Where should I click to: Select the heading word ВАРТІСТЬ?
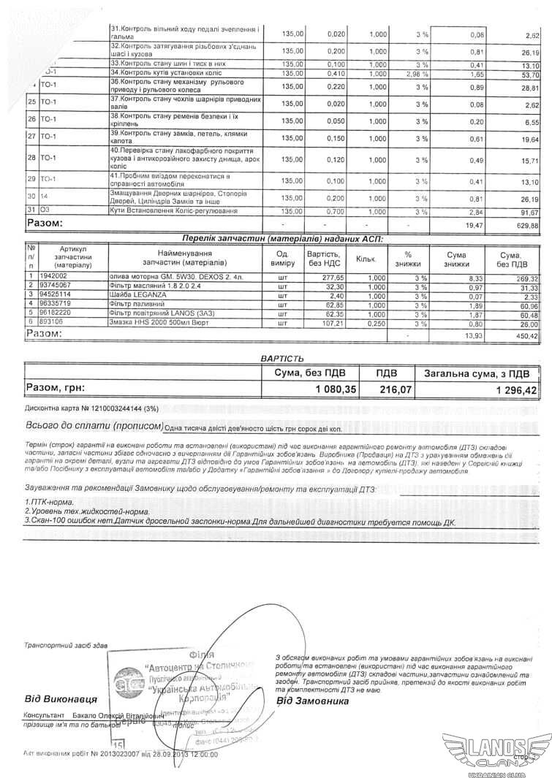(281, 358)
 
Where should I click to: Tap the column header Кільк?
(365, 259)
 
